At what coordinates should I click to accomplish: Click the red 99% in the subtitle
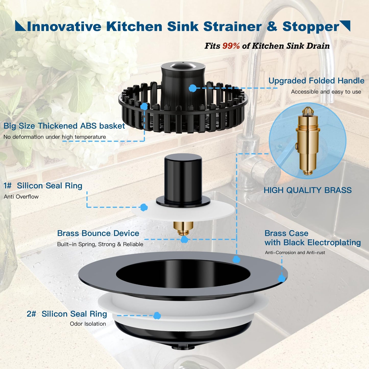[x=231, y=46]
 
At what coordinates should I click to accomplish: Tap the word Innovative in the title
[x=64, y=27]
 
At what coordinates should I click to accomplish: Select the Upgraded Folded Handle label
[x=316, y=81]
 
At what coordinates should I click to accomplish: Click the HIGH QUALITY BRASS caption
[x=307, y=190]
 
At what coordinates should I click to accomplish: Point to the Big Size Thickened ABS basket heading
[x=64, y=126]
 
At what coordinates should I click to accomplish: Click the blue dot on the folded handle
[x=193, y=88]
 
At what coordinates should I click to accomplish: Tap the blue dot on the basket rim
[x=144, y=106]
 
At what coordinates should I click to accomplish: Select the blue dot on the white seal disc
[x=144, y=207]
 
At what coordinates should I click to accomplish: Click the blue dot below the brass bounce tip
[x=184, y=240]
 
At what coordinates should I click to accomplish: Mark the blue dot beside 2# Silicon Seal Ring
[x=157, y=316]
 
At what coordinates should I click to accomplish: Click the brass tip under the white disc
[x=183, y=228]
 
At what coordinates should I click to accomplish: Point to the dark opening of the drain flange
[x=183, y=274]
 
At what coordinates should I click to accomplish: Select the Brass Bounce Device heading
[x=98, y=233]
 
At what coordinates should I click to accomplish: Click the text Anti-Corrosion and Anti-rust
[x=295, y=253]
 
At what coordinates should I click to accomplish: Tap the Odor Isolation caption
[x=88, y=324]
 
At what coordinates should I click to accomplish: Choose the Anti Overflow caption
[x=21, y=197]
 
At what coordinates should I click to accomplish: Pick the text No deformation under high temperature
[x=55, y=137]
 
